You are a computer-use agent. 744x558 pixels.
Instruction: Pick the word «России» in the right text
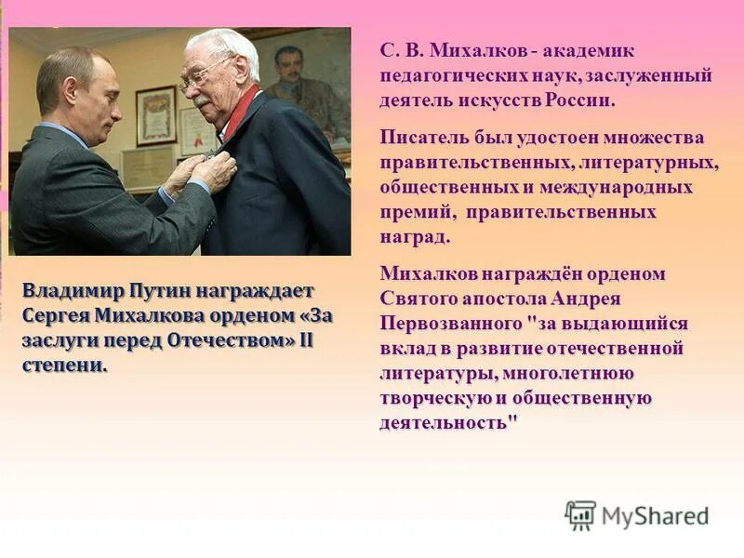[x=585, y=99]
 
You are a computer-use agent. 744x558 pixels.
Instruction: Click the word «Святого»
[x=418, y=299]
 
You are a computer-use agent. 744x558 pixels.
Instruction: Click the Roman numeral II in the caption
[x=304, y=339]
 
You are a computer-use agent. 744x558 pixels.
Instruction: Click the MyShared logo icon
[x=580, y=515]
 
